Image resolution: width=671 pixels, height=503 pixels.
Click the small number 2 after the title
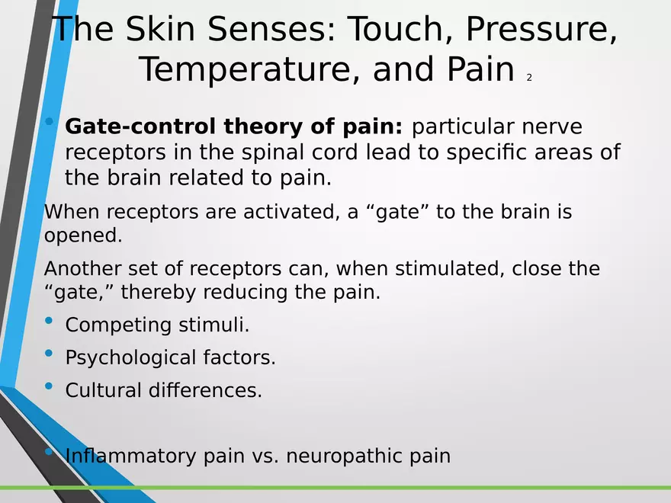click(x=529, y=78)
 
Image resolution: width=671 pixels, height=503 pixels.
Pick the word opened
click(x=82, y=235)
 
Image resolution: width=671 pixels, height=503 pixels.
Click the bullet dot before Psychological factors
click(x=50, y=354)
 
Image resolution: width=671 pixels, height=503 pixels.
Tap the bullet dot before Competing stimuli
click(x=50, y=321)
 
